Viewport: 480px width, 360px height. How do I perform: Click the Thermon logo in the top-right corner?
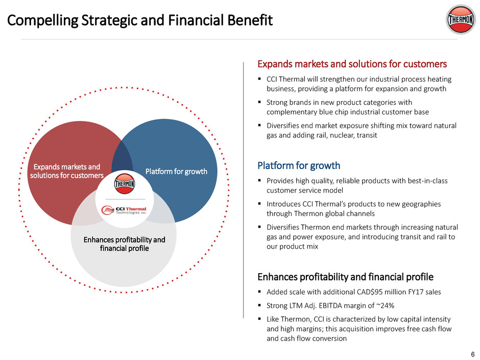pyautogui.click(x=461, y=19)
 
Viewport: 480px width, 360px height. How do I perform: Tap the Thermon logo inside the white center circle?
pyautogui.click(x=125, y=184)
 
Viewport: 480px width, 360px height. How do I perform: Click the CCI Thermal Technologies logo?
pyautogui.click(x=124, y=210)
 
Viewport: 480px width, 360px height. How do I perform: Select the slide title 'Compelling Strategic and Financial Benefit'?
pyautogui.click(x=139, y=20)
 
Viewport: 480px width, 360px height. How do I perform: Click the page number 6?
pyautogui.click(x=473, y=354)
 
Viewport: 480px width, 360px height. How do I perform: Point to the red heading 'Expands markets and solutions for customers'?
pyautogui.click(x=352, y=64)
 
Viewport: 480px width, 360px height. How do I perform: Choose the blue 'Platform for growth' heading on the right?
pyautogui.click(x=299, y=165)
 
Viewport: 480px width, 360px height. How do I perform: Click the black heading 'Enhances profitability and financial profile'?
pyautogui.click(x=345, y=277)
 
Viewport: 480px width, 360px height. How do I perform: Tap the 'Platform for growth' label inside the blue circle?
pyautogui.click(x=176, y=172)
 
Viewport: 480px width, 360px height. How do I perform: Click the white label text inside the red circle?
pyautogui.click(x=67, y=171)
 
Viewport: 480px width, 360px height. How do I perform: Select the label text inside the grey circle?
pyautogui.click(x=124, y=244)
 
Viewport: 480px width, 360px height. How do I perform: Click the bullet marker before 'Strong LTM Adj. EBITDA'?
pyautogui.click(x=259, y=305)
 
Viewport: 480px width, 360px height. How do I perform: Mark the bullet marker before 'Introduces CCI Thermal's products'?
pyautogui.click(x=259, y=204)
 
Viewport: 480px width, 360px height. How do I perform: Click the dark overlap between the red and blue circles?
pyautogui.click(x=122, y=159)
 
